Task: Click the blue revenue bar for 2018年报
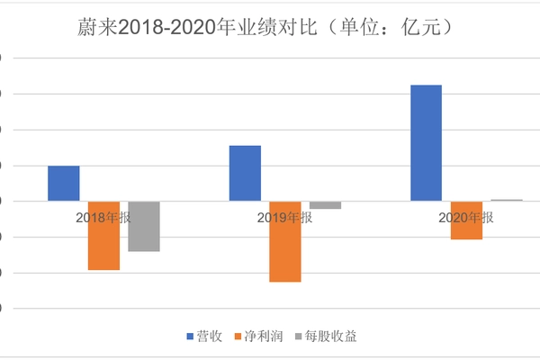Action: [x=63, y=184]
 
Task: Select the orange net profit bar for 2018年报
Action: [x=103, y=236]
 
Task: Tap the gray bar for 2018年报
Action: [x=144, y=226]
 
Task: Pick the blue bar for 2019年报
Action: [x=245, y=173]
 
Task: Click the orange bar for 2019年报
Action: [x=285, y=241]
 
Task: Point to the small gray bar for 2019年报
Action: [x=325, y=205]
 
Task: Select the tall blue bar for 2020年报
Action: [x=427, y=142]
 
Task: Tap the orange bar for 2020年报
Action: [x=466, y=220]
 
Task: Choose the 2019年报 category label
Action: [x=285, y=218]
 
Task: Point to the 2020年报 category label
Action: [x=466, y=218]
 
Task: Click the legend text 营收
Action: [x=212, y=337]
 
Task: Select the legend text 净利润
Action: [x=265, y=337]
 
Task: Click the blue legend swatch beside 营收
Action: [x=191, y=337]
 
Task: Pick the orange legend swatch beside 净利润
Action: [x=238, y=337]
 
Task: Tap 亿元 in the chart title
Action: [x=423, y=29]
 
